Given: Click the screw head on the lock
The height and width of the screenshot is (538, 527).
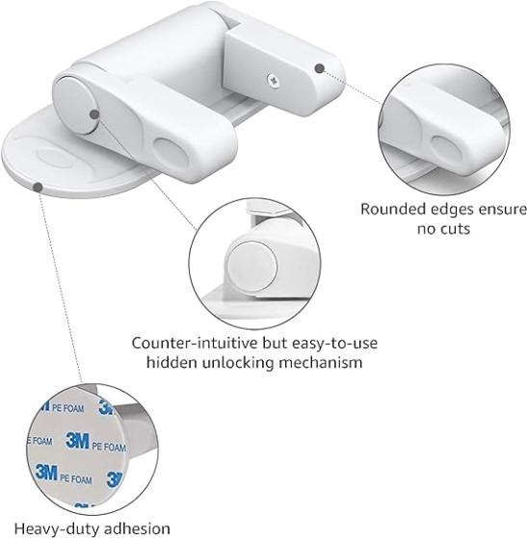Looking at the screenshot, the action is coord(273,81).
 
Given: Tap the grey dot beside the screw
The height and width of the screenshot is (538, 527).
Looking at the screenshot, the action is coord(320,68).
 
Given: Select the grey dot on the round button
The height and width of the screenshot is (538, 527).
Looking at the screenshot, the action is coord(94,115).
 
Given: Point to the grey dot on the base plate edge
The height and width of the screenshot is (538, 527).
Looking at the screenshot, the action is coord(39,188).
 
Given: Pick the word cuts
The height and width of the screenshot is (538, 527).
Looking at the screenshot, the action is coord(455,229).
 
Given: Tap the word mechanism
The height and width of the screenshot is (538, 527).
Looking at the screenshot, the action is coord(321,362).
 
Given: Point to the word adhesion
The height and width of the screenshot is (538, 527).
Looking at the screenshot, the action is coord(136,528).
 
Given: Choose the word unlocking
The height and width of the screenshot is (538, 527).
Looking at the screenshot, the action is coord(238,363).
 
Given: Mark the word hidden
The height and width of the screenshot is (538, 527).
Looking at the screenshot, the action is coord(172,362).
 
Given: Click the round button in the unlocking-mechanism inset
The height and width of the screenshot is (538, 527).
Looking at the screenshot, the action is coord(251,267).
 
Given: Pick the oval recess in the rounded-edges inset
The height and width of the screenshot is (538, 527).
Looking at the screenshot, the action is coord(448,151).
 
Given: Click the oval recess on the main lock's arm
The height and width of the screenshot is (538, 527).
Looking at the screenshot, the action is coord(171,154).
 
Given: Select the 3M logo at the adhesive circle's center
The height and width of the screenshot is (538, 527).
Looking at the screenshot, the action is coord(78,440).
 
